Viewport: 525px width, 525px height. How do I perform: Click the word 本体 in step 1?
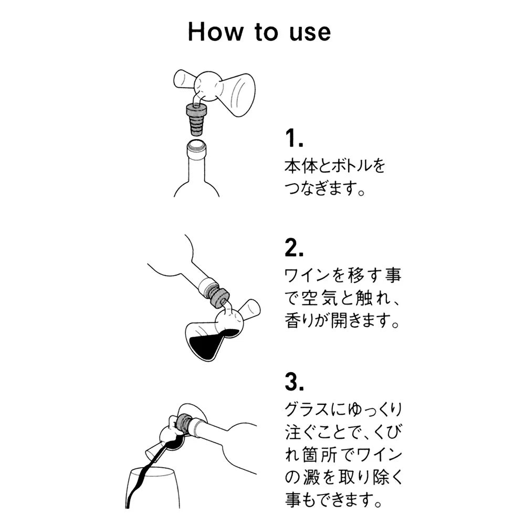[298, 167]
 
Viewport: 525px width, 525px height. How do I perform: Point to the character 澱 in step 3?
[320, 476]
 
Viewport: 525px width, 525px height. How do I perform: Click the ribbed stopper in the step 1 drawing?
[197, 120]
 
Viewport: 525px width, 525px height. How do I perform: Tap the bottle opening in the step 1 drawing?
[197, 143]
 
